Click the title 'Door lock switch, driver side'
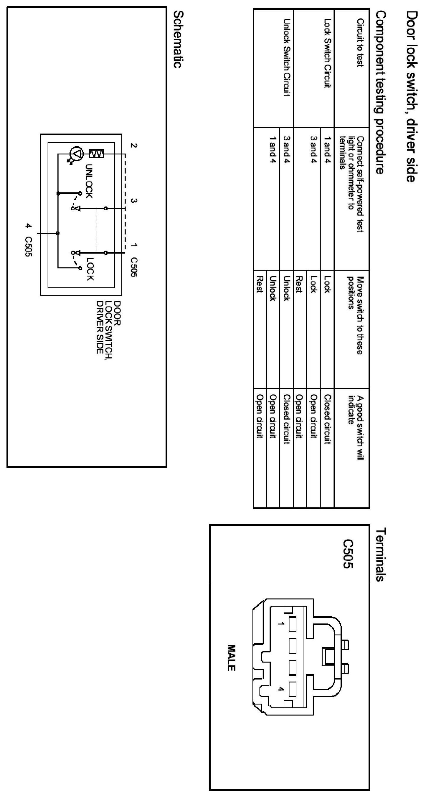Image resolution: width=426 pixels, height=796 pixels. coord(412,96)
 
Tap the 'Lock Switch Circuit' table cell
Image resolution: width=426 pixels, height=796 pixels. coord(327,53)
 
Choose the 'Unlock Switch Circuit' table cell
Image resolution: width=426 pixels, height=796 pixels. coord(286,57)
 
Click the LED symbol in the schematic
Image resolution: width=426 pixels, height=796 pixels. coord(76,154)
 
